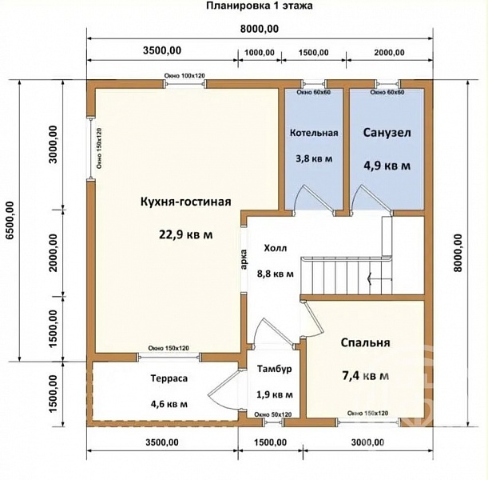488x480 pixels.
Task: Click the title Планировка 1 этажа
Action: (x=260, y=6)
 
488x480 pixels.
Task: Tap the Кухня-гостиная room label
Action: (x=186, y=202)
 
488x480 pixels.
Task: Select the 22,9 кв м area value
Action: (x=186, y=234)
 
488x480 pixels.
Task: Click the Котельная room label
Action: (x=314, y=133)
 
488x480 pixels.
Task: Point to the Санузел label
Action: (x=387, y=133)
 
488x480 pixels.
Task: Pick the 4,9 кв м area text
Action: (x=387, y=166)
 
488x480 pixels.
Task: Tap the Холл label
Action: (x=276, y=249)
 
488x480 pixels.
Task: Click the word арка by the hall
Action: (x=244, y=260)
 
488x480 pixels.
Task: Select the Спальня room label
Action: (x=365, y=343)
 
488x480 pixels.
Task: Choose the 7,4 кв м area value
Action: (x=365, y=376)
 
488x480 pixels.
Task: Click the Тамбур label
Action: (x=275, y=369)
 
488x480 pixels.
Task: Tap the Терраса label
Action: (x=169, y=378)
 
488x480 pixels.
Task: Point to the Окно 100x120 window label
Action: (x=184, y=76)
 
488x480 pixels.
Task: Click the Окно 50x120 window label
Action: (x=272, y=414)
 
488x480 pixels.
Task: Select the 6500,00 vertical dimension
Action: (x=10, y=221)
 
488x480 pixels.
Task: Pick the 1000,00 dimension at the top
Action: (x=260, y=52)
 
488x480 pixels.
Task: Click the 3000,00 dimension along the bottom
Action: (x=367, y=442)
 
